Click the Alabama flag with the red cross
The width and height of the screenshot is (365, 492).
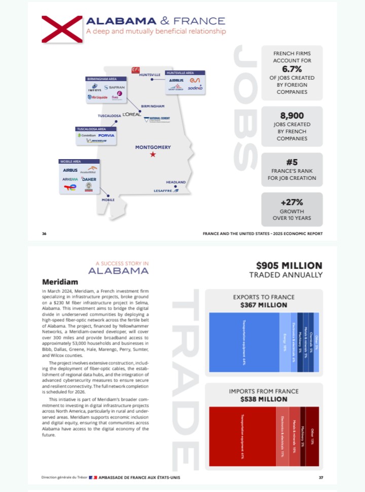[x=62, y=29]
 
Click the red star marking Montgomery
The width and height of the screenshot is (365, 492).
[x=153, y=155]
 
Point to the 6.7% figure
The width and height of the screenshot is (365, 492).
[x=291, y=69]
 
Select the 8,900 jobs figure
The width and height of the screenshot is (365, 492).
[x=291, y=116]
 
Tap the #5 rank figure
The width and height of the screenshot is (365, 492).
[x=291, y=162]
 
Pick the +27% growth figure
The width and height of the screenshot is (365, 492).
[x=291, y=202]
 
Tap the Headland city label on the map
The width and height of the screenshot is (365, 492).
[x=176, y=182]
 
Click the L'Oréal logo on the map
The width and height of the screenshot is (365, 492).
[x=131, y=115]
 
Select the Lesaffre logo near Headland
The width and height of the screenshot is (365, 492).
[x=163, y=191]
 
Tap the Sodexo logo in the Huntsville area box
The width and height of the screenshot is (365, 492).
[x=195, y=88]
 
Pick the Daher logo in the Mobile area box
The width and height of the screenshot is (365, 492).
[x=89, y=179]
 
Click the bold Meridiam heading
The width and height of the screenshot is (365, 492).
[x=59, y=281]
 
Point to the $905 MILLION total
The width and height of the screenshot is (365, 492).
[x=289, y=266]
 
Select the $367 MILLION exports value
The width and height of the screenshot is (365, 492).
[x=264, y=305]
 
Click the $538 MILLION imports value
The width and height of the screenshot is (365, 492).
[x=264, y=399]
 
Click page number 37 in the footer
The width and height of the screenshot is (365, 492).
[x=320, y=477]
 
